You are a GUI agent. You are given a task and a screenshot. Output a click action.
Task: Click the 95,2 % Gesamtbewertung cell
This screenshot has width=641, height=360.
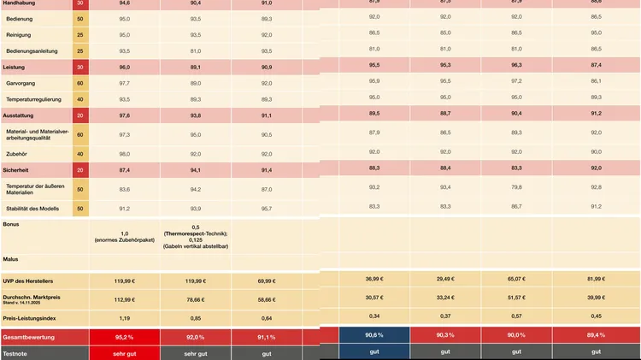point(124,337)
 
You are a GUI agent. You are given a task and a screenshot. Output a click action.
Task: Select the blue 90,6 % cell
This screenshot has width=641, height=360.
point(373,335)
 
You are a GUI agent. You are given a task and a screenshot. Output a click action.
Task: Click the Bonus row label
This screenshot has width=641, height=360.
point(11,224)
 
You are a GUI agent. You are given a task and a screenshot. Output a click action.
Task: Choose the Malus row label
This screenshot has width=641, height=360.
point(11,258)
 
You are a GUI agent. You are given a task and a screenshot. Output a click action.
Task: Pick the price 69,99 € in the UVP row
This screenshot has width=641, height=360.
point(267,280)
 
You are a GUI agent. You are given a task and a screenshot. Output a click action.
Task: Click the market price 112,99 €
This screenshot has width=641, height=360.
point(124,299)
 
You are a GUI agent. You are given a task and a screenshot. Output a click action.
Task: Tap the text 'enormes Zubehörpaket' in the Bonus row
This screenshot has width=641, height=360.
point(124,240)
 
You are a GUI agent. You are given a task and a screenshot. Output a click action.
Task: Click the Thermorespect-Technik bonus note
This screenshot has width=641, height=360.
point(195,233)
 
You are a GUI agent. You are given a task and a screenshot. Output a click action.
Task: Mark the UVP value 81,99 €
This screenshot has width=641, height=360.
point(596,279)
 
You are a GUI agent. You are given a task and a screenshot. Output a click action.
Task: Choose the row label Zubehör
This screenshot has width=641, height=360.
point(18,154)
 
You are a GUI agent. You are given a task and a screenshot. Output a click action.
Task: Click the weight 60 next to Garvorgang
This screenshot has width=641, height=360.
point(80,83)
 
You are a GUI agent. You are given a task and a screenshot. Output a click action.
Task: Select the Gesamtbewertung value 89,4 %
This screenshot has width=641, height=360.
point(596,335)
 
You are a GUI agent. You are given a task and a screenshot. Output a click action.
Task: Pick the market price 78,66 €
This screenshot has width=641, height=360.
point(195,299)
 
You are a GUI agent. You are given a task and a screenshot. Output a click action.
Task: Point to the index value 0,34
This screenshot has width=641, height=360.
point(373,316)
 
